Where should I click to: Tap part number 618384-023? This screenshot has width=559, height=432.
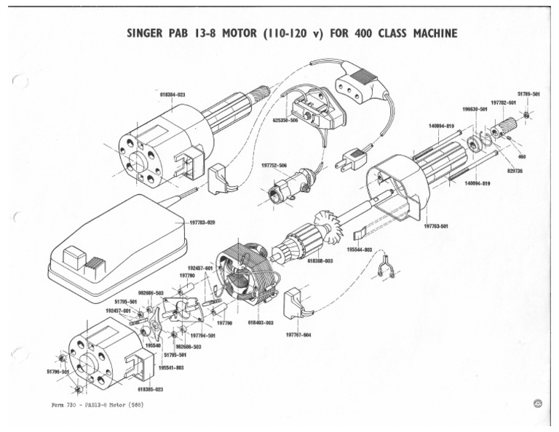tap(171, 95)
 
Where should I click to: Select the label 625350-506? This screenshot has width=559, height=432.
tap(285, 121)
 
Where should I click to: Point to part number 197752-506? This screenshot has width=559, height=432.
tap(274, 165)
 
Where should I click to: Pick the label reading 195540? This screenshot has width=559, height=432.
tap(152, 346)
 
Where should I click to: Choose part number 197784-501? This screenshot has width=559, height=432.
tap(202, 335)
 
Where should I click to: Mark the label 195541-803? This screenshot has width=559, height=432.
tap(172, 367)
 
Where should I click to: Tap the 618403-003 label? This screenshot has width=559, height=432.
tap(261, 321)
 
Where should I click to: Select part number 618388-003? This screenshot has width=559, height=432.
tap(320, 260)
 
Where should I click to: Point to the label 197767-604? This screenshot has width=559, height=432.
tap(298, 335)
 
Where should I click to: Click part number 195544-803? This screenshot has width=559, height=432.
tap(360, 249)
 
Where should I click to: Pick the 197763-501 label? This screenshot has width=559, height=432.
tap(436, 226)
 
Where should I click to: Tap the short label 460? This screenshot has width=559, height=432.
tap(521, 156)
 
